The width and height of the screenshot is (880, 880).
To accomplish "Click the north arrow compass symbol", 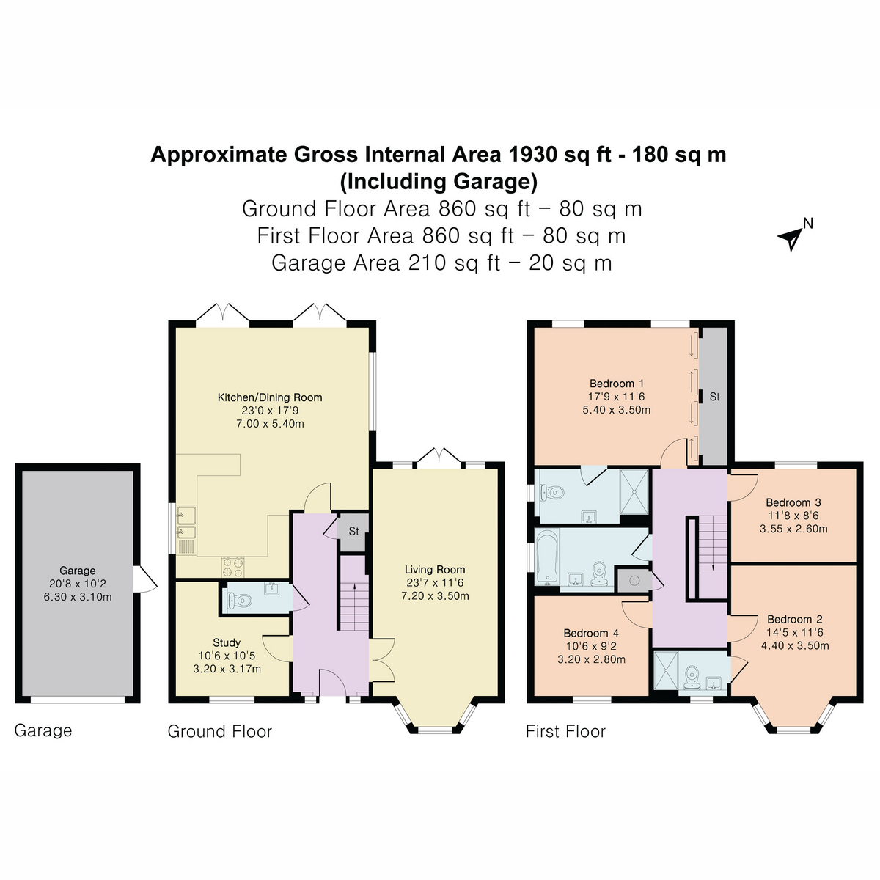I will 792,236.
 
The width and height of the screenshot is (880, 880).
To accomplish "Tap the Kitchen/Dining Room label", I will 270,397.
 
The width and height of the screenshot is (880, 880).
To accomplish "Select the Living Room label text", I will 435,570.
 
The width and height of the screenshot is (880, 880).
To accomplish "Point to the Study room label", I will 227,642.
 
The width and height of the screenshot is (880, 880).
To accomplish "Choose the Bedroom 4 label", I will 591,633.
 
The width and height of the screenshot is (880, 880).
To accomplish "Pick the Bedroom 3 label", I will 793,502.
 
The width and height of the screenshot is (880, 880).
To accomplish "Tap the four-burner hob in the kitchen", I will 234,565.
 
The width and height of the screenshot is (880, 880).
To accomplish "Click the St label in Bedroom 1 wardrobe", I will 714,397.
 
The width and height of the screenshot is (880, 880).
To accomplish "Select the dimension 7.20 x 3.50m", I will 435,596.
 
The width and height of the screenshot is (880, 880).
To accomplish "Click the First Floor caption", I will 565,731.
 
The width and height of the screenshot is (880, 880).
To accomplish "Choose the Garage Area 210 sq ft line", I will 441,263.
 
